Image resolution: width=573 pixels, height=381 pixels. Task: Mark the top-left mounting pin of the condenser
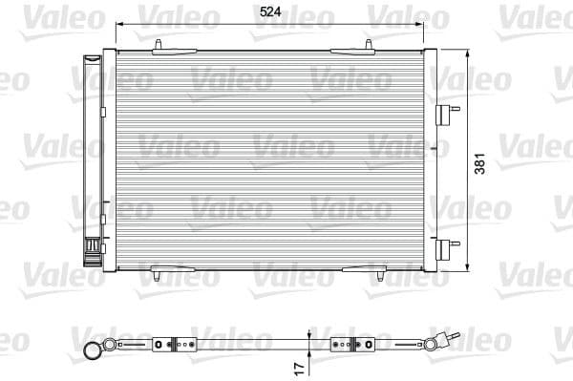155,46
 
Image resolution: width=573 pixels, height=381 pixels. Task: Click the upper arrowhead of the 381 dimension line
467,53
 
